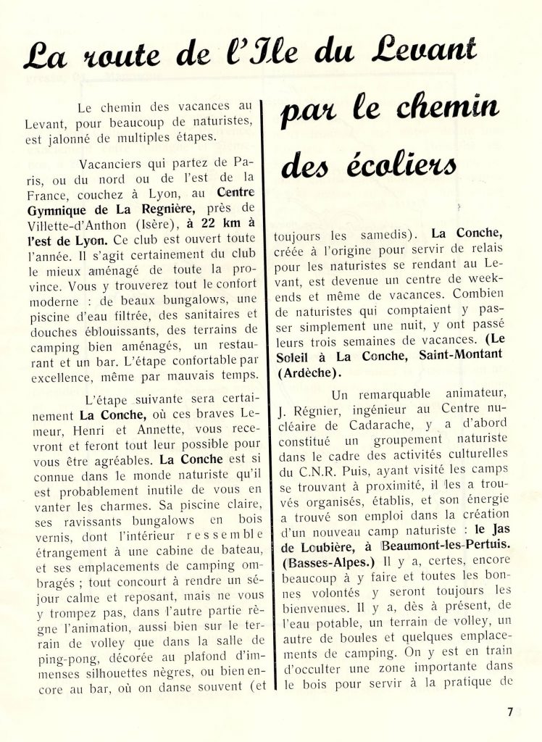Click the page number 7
click(510, 711)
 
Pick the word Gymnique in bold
click(54, 210)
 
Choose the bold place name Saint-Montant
click(467, 360)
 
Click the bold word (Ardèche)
click(307, 375)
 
